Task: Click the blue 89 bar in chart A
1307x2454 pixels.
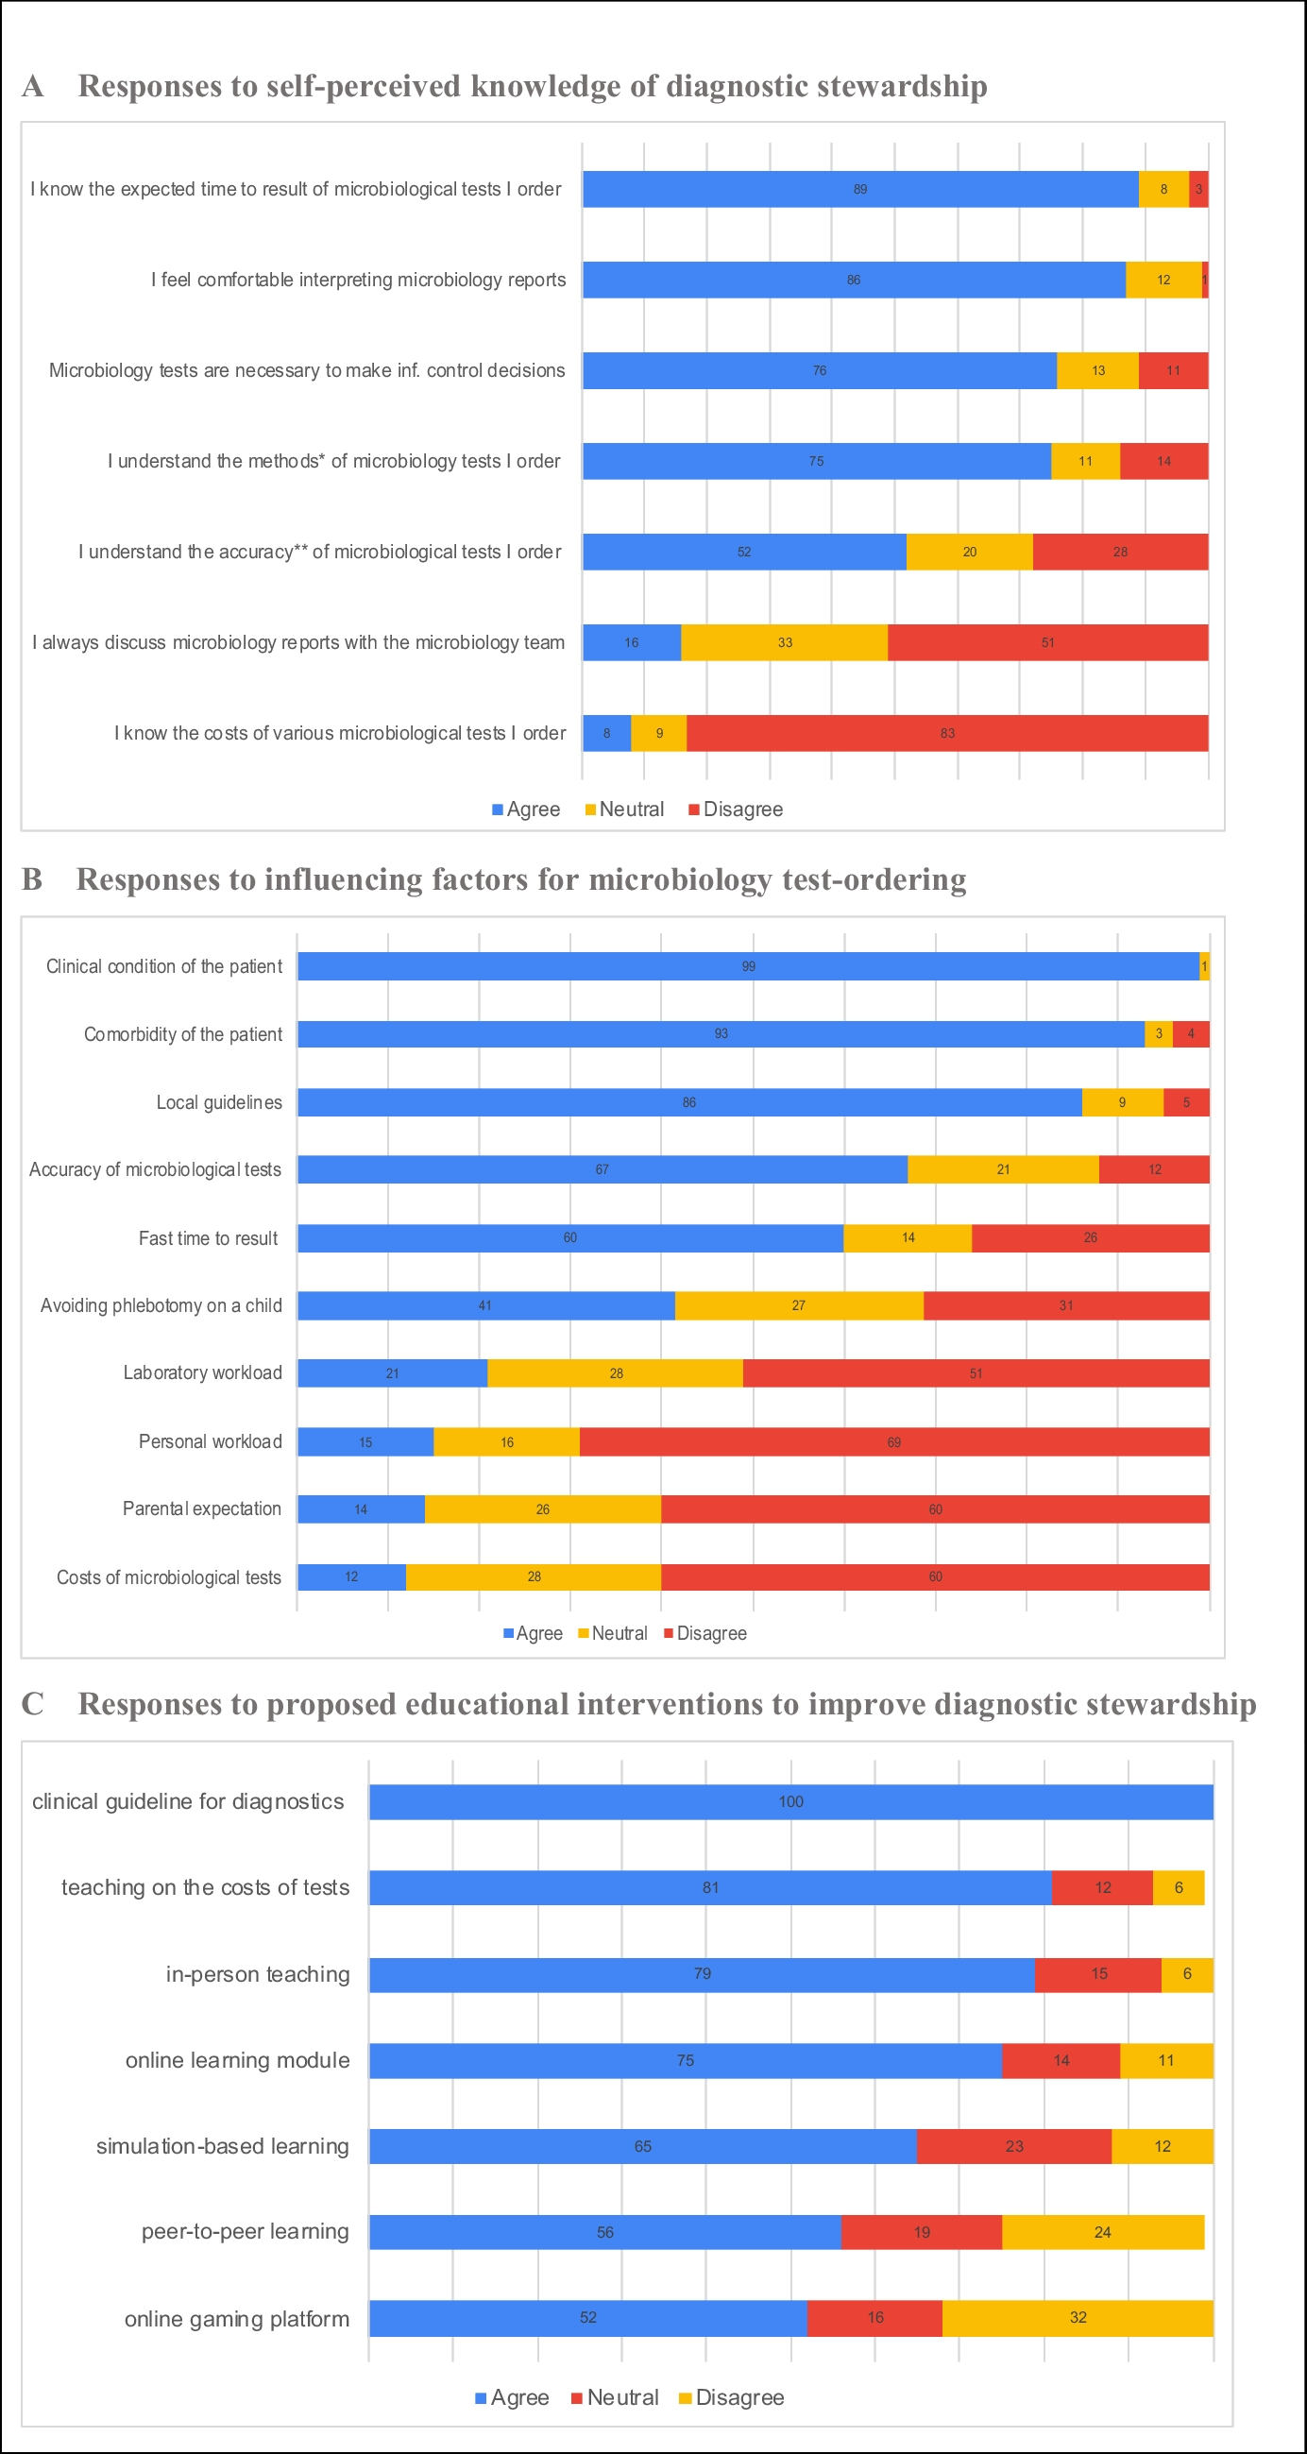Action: click(x=859, y=189)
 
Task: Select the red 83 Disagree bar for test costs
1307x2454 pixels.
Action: click(x=947, y=733)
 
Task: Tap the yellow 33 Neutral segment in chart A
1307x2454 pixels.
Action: click(x=784, y=642)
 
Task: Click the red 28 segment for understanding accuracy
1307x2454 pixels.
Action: click(x=1119, y=552)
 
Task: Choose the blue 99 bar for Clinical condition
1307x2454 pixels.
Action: click(x=748, y=966)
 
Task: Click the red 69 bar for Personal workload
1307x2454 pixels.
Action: click(x=893, y=1441)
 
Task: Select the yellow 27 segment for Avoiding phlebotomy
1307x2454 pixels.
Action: click(x=798, y=1305)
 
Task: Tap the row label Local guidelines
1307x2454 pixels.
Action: click(x=219, y=1102)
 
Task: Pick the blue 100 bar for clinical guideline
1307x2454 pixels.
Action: click(x=790, y=1801)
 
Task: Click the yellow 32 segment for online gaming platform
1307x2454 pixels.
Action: click(x=1078, y=2317)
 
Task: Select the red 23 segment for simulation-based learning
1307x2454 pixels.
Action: click(x=1013, y=2145)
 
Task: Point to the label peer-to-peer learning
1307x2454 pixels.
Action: click(x=245, y=2231)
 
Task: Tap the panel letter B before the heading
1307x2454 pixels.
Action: click(x=31, y=878)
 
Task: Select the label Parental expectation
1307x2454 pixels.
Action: click(x=202, y=1508)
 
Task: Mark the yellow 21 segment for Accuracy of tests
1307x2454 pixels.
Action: click(x=1003, y=1168)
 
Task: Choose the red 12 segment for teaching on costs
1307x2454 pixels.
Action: click(x=1102, y=1887)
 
